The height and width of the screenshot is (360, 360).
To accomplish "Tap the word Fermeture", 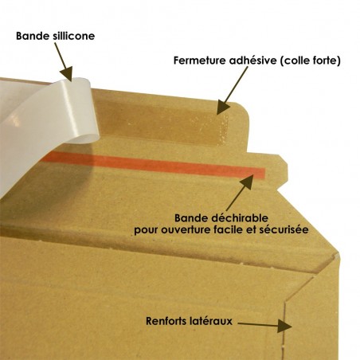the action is [200, 61].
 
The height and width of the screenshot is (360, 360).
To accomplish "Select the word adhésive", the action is [252, 61].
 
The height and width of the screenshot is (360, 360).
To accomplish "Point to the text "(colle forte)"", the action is [310, 61].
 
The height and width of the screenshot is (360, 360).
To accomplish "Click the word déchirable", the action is [240, 218].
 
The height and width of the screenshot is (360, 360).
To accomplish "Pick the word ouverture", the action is [184, 229].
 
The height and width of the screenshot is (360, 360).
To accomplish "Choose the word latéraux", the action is [211, 321].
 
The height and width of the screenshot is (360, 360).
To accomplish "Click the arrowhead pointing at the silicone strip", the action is [66, 74].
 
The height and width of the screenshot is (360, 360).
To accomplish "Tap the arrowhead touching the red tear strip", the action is [247, 181].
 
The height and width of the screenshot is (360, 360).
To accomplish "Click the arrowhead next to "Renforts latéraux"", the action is [284, 326].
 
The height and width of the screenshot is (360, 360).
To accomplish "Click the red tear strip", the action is [154, 163].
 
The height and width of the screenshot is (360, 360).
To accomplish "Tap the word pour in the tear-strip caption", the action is [146, 230].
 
